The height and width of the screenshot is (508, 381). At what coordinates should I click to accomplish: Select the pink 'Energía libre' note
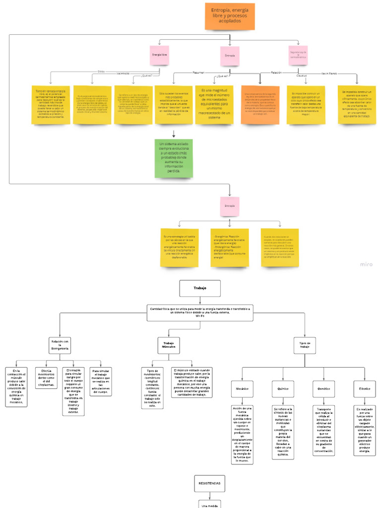[159, 54]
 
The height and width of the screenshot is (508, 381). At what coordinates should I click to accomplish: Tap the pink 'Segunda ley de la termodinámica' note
[298, 55]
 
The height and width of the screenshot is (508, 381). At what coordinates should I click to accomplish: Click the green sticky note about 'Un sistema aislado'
[174, 158]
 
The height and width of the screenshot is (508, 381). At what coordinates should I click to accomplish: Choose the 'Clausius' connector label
[301, 75]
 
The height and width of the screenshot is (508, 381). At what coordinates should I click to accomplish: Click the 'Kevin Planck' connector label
[329, 73]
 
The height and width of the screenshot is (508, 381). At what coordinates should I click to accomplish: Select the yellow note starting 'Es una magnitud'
[214, 104]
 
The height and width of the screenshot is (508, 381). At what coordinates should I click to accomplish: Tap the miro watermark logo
[366, 264]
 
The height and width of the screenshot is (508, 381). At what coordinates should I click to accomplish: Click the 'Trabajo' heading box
[200, 288]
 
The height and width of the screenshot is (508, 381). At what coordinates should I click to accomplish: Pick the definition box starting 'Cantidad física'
[199, 313]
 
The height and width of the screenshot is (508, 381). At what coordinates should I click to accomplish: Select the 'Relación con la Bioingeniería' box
[60, 345]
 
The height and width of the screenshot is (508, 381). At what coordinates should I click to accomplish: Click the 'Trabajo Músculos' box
[169, 345]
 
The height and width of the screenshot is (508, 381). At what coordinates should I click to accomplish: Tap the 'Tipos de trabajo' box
[305, 345]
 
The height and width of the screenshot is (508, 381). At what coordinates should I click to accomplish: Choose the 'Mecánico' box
[242, 388]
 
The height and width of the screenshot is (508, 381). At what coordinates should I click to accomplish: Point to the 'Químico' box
[283, 388]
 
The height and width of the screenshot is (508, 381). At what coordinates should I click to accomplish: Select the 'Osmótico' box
[323, 388]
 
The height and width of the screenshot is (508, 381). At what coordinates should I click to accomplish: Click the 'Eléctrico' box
[364, 388]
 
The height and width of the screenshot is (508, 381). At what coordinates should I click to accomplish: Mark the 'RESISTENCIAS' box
[209, 483]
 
